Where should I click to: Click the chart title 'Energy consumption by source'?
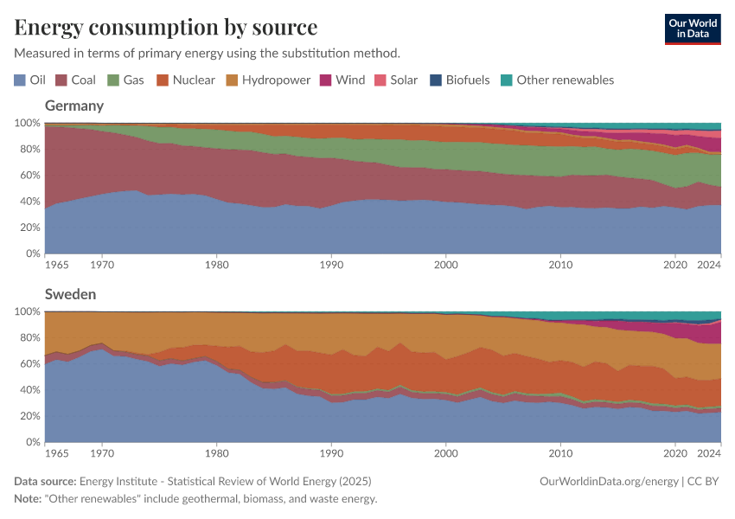click(166, 27)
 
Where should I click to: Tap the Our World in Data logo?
click(692, 29)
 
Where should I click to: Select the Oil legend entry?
click(30, 80)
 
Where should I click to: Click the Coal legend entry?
click(75, 80)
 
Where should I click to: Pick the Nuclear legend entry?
click(185, 80)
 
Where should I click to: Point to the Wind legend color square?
click(326, 80)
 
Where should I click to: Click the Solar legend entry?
click(395, 80)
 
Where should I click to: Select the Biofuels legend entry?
click(460, 80)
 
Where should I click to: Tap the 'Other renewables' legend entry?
click(557, 80)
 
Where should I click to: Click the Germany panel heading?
click(74, 106)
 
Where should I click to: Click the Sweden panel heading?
click(70, 294)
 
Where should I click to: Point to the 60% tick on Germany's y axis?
click(29, 176)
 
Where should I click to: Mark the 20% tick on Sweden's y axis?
click(29, 416)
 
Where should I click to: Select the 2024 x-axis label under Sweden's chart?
click(708, 453)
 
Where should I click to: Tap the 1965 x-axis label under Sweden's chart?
click(56, 453)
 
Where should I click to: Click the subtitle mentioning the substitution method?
click(207, 53)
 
